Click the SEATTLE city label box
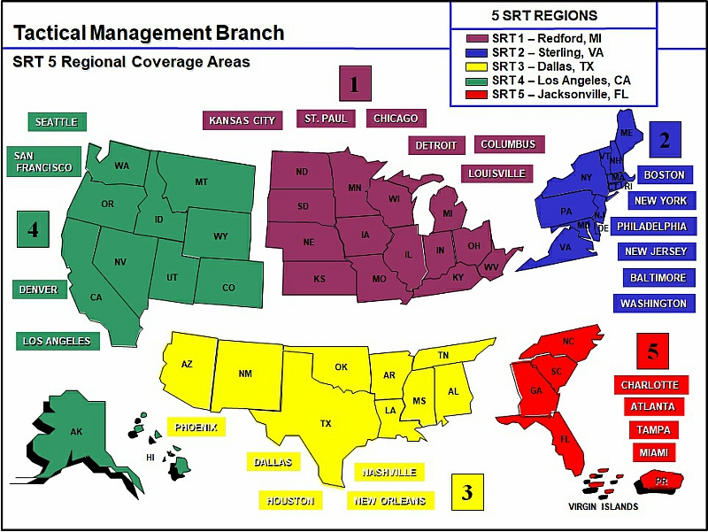pos(56,122)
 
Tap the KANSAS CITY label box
pos(242,120)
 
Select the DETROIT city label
pos(436,145)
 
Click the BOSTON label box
pos(664,174)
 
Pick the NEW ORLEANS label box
pos(389,501)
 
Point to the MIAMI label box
pos(653,452)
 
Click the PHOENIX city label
pos(196,427)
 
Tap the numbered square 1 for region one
pos(355,85)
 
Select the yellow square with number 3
pos(467,492)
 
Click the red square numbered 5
pos(653,351)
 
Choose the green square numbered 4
pos(34,230)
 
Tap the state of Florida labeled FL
pos(563,439)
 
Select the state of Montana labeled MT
pos(201,181)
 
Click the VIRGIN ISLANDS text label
pos(603,507)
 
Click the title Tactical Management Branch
pos(149,34)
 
